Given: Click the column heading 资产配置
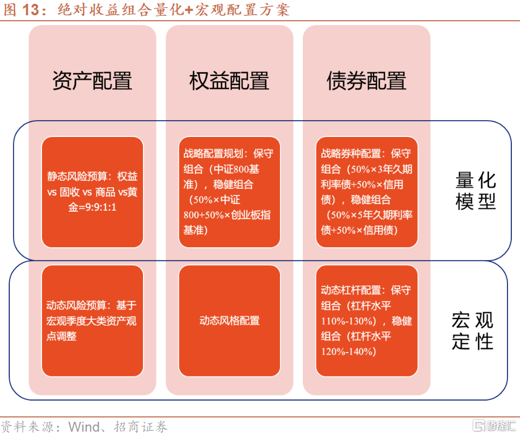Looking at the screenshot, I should pos(92,81).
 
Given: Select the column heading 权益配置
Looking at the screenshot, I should pos(229,81).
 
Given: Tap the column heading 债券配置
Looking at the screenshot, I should pos(366,81).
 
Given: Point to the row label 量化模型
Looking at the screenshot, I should pos(475,191).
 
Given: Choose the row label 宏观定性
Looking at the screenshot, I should pos(473,331).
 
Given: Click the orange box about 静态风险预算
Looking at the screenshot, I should pos(92,192).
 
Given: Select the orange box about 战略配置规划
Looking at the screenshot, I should pos(229,192).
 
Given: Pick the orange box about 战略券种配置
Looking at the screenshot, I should pos(366,192).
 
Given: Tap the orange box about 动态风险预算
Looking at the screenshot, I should pos(92,321).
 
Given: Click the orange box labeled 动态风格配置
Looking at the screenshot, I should pos(229,321).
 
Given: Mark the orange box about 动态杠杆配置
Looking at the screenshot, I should pos(366,321).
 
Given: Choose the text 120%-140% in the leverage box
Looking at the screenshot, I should pos(349,351).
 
